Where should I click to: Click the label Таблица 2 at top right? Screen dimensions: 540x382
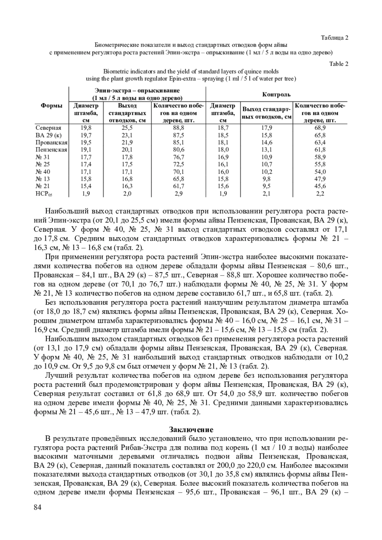click(x=335, y=38)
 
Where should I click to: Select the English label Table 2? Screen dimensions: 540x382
click(x=339, y=64)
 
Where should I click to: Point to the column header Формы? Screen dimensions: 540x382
click(x=51, y=106)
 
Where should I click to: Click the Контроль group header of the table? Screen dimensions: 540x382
click(x=276, y=94)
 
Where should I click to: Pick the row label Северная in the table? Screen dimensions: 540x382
click(x=48, y=128)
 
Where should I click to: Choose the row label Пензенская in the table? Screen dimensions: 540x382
click(x=51, y=150)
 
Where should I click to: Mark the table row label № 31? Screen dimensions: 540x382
click(x=43, y=157)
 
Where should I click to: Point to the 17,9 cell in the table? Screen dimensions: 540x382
click(x=266, y=128)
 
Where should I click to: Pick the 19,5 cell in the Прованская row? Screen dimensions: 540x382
click(x=86, y=142)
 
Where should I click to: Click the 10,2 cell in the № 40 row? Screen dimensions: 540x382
click(x=266, y=171)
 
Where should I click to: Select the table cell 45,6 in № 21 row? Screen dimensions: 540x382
click(x=320, y=186)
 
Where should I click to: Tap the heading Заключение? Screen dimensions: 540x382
click(x=191, y=429)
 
